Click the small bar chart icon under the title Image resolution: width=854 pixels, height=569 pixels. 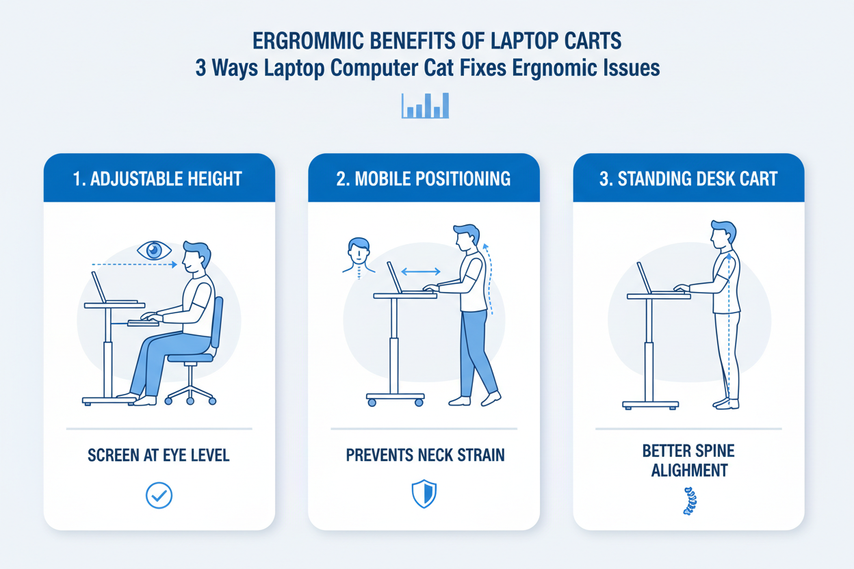click(425, 105)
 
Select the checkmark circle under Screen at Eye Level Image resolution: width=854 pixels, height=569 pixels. click(159, 496)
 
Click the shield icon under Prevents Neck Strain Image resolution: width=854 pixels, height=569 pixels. click(424, 494)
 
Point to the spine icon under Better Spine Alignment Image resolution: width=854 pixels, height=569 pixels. click(688, 501)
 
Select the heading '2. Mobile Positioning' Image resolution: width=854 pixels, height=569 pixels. click(424, 179)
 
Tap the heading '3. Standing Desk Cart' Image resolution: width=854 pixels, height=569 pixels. click(688, 179)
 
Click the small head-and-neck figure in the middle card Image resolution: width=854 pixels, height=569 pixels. click(357, 255)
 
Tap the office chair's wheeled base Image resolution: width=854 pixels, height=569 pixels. click(191, 393)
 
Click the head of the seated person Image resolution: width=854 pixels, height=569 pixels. click(194, 256)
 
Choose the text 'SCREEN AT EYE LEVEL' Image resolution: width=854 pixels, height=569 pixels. click(159, 455)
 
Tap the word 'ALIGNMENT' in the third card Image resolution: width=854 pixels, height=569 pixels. click(688, 471)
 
